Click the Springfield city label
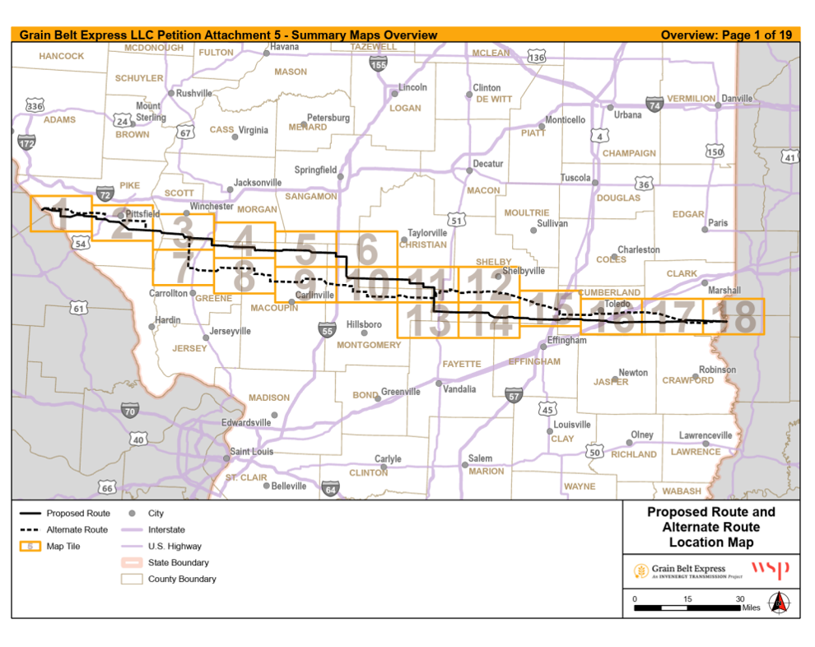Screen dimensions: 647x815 [315, 170]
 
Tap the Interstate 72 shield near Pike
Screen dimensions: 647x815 [105, 194]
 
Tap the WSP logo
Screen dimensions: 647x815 [770, 570]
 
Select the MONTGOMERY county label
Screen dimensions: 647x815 [368, 345]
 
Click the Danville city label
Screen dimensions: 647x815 [737, 98]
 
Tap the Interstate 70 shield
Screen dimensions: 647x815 [129, 411]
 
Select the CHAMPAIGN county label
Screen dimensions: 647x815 [629, 153]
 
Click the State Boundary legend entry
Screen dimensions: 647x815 [178, 562]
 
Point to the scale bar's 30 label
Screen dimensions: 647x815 [739, 598]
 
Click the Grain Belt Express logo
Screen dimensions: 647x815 [679, 570]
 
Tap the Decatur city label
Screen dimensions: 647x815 [487, 164]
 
